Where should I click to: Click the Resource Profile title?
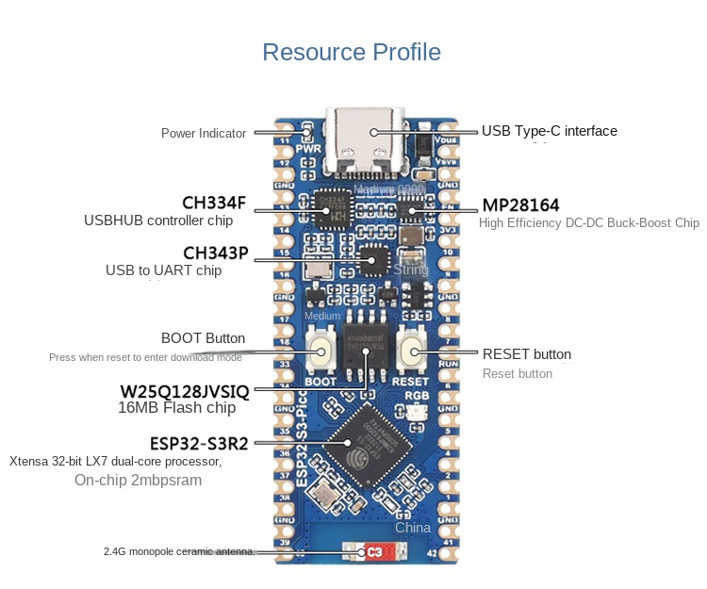point(351,52)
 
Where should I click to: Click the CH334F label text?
point(213,203)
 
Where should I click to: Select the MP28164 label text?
point(520,205)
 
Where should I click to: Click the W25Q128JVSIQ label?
point(184,390)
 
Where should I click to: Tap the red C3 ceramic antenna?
point(374,551)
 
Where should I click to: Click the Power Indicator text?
point(203,134)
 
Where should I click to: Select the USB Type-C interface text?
point(550,131)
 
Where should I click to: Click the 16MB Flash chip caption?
point(176,408)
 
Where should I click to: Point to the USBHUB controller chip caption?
point(158,221)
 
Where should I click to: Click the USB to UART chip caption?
point(163,270)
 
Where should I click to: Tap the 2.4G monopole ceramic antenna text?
point(178,551)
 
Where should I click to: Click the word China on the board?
point(413,528)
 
